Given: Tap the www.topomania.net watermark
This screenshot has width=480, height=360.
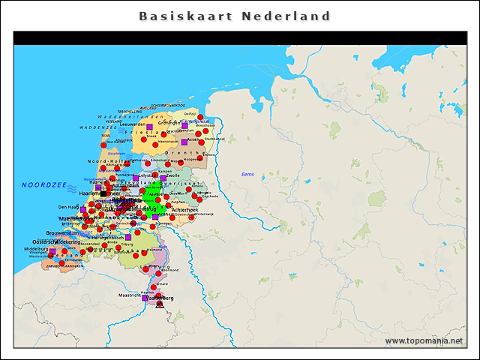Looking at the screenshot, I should click(x=424, y=340).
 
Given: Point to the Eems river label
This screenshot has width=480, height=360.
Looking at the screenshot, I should click(x=247, y=174).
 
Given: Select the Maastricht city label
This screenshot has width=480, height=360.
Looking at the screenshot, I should click(x=125, y=296).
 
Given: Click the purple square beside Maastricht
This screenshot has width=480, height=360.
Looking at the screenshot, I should click(x=145, y=298).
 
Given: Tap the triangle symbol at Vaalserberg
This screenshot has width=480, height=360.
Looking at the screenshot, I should click(x=160, y=304).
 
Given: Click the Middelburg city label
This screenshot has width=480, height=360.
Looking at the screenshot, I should click(x=36, y=248).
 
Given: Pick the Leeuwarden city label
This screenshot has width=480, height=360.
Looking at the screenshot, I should click(x=132, y=124).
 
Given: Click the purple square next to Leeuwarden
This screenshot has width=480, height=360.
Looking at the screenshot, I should click(x=149, y=126).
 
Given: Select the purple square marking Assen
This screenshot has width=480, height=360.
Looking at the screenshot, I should click(x=184, y=142).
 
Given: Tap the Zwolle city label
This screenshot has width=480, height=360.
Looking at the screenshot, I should click(x=173, y=177).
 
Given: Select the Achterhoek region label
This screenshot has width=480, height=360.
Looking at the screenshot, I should click(x=184, y=210).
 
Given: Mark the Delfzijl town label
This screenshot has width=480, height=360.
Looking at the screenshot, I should click(x=190, y=113).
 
